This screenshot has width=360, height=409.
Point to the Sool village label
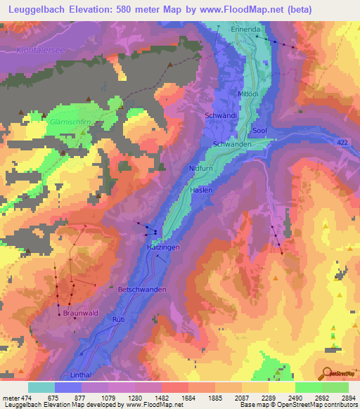(259, 131)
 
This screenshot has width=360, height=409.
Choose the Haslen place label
(201, 190)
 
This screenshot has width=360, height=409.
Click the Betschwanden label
(143, 289)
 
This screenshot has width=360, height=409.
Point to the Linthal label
(82, 375)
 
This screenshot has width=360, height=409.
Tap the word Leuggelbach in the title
(36, 9)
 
